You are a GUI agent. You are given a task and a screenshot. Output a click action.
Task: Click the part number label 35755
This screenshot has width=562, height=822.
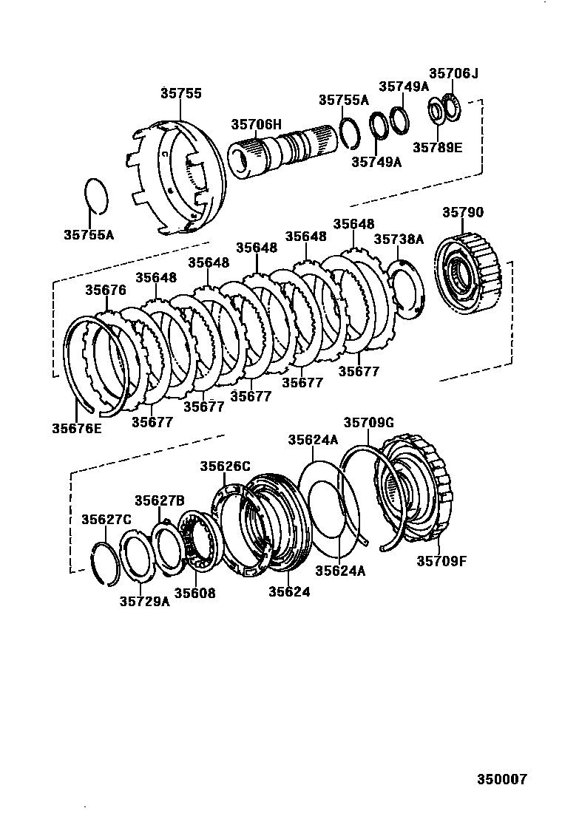(181, 94)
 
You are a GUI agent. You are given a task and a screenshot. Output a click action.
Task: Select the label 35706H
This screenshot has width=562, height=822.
(256, 125)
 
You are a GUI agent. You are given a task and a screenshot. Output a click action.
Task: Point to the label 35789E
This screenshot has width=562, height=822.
(437, 147)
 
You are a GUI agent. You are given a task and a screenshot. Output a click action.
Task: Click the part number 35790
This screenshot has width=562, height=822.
(463, 213)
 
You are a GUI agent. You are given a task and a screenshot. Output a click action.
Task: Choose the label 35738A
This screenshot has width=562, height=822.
(399, 239)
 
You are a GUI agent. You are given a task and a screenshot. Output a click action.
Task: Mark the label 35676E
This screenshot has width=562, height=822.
(77, 427)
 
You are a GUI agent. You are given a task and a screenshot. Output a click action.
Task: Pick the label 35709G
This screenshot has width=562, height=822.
(368, 423)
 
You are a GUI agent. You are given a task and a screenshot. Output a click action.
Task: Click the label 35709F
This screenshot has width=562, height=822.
(441, 560)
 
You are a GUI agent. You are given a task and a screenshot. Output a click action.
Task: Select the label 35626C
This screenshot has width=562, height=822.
(225, 466)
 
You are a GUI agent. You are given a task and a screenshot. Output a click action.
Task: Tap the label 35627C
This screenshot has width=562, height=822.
(106, 519)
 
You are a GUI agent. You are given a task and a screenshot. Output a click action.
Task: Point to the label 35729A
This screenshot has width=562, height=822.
(144, 601)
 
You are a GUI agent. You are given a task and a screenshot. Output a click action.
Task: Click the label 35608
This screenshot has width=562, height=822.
(194, 593)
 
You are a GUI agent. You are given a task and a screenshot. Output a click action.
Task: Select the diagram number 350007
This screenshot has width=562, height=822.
(501, 779)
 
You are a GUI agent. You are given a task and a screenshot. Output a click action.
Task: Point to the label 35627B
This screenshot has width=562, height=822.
(159, 501)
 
